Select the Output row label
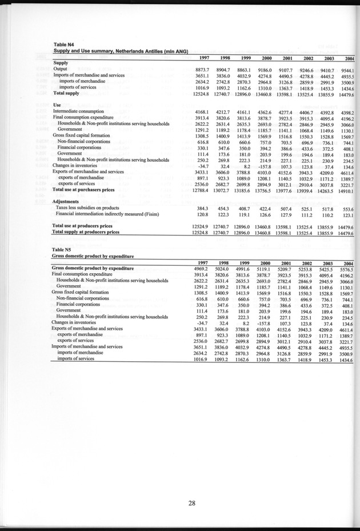pyautogui.click(x=61, y=69)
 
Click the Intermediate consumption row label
pyautogui.click(x=78, y=111)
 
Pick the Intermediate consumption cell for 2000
pyautogui.click(x=273, y=111)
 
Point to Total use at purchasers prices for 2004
pyautogui.click(x=347, y=189)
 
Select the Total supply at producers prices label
pyautogui.click(x=86, y=232)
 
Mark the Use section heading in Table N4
pyautogui.click(x=57, y=105)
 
